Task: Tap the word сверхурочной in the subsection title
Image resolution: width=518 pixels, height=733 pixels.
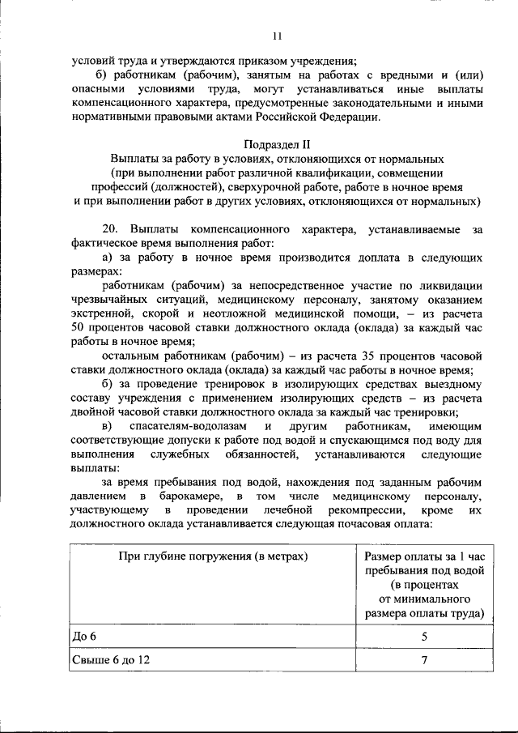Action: click(x=254, y=187)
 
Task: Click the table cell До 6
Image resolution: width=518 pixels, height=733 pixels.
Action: click(x=84, y=635)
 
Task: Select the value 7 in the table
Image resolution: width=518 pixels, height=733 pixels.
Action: click(x=423, y=660)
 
